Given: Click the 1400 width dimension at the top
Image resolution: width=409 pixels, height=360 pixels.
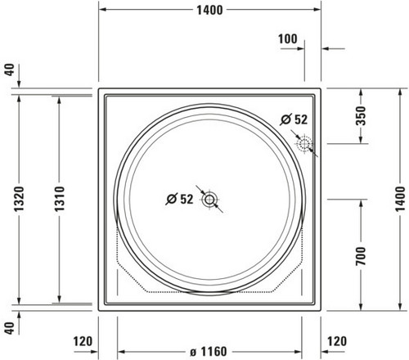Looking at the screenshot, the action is (209, 10).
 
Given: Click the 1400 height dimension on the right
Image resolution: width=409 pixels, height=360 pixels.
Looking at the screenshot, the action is (400, 199).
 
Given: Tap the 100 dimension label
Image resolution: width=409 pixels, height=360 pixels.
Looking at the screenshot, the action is (288, 39).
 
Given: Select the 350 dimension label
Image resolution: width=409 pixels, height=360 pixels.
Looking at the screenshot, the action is (361, 115).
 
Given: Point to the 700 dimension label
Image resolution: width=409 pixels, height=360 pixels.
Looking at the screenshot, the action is (361, 256).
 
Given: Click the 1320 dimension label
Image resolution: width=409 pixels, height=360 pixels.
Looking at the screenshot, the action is (19, 199).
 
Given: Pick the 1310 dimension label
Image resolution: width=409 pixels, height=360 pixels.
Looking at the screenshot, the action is (59, 199).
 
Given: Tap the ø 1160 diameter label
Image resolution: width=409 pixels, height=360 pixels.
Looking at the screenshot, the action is (209, 352).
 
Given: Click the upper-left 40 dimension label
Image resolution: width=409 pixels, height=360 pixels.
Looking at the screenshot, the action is (10, 70).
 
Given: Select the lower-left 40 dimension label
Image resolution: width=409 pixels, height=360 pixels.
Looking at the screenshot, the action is (10, 328).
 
